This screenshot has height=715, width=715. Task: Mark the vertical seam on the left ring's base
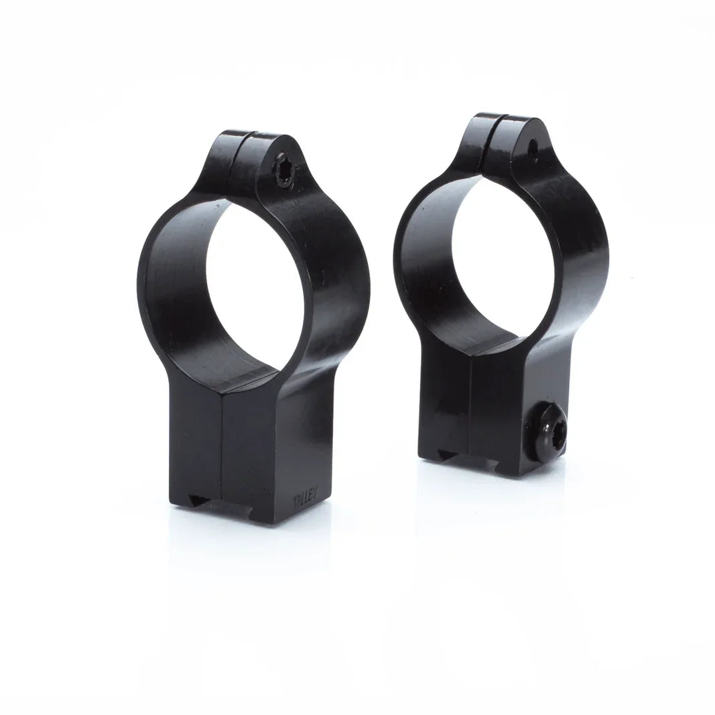tap(222, 456)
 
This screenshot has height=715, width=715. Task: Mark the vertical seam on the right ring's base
tap(472, 409)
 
